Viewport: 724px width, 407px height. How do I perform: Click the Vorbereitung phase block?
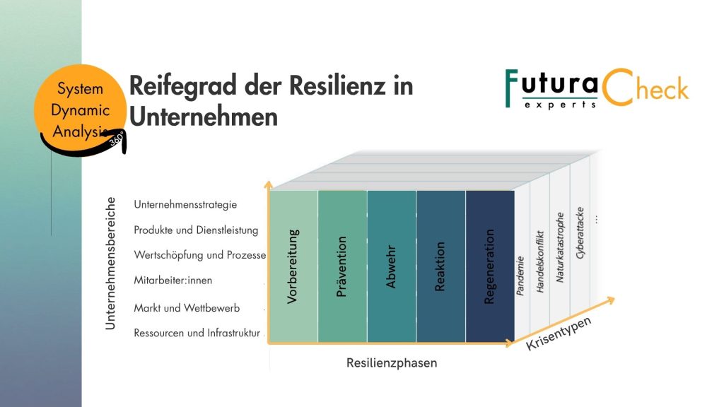[x=293, y=266]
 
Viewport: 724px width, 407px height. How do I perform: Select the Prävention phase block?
[x=343, y=266]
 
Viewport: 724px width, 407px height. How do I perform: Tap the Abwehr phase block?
[x=392, y=266]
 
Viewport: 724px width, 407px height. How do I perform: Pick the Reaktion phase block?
[x=441, y=266]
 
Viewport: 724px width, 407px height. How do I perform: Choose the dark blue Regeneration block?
[x=490, y=266]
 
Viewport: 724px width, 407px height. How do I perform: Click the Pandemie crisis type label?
[x=520, y=276]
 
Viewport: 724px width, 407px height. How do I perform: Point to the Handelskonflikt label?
[x=540, y=261]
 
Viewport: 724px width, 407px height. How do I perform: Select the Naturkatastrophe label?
[x=560, y=247]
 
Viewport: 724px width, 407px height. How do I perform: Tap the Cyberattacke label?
[x=580, y=233]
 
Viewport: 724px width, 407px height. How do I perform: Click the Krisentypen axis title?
[x=559, y=334]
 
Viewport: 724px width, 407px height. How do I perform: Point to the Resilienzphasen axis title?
[x=392, y=362]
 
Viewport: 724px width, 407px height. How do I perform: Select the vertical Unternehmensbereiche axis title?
[x=110, y=264]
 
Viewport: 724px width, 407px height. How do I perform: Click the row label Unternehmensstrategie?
[x=185, y=204]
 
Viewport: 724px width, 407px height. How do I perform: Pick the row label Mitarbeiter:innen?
[x=173, y=280]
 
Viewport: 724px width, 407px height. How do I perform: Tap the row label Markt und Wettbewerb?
[x=187, y=308]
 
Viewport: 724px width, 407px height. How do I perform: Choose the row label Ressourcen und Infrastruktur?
[x=197, y=333]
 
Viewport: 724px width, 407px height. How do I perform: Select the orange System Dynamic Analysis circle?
[x=80, y=110]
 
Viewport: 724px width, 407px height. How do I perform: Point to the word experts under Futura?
[x=560, y=105]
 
